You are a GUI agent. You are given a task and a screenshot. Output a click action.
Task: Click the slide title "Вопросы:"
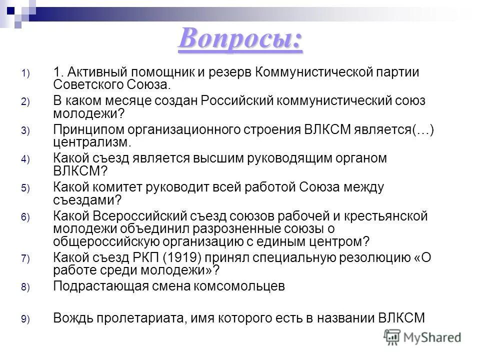point(240,39)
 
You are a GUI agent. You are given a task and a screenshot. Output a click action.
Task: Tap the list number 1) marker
point(25,73)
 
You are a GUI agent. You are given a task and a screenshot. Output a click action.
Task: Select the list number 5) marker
point(25,189)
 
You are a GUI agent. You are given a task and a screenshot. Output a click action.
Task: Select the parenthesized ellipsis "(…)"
point(423,129)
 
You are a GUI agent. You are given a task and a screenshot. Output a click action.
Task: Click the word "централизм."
point(92,142)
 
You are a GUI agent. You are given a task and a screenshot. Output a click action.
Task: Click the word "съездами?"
point(87,200)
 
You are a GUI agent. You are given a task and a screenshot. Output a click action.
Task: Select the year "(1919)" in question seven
point(192,257)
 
